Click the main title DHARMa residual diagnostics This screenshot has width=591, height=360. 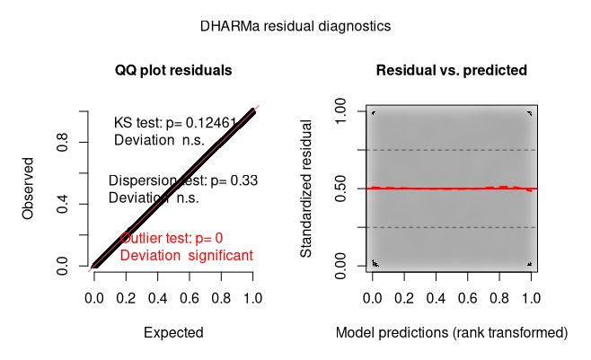tap(295, 27)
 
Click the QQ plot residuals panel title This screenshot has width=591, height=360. tap(173, 70)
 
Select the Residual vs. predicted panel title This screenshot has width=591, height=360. tap(451, 70)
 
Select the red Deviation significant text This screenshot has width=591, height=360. tap(186, 255)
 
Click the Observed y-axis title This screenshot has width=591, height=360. tap(29, 189)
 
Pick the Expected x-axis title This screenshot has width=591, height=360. tap(173, 332)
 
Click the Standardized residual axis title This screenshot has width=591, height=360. tap(306, 189)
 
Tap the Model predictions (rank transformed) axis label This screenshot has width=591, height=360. tap(451, 332)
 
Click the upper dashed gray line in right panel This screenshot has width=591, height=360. tap(451, 150)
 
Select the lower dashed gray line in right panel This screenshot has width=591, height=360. tap(451, 228)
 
